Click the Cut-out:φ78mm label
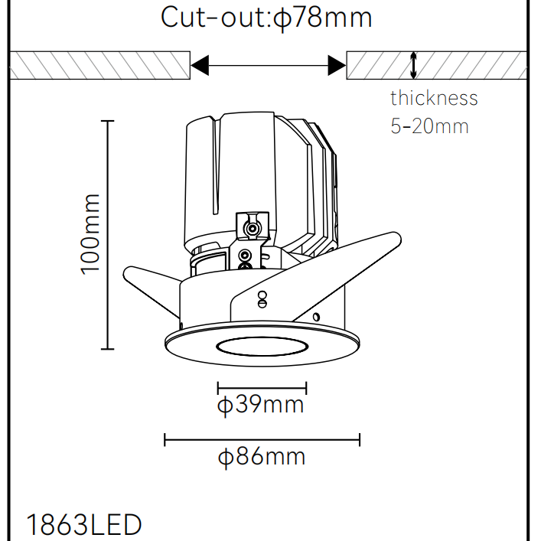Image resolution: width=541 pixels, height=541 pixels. tap(266, 18)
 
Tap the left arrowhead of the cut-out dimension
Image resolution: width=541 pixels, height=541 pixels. tap(200, 65)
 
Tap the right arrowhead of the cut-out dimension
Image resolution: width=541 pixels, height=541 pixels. tap(337, 65)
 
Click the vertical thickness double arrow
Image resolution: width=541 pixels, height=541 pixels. tap(413, 65)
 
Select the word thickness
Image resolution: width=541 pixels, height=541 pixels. tap(434, 98)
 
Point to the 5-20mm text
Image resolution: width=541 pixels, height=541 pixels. tap(429, 126)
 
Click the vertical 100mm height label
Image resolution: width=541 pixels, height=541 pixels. tap(90, 235)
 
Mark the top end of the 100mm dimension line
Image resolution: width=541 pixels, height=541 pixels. tap(108, 121)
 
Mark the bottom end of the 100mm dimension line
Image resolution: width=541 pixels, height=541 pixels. tap(108, 349)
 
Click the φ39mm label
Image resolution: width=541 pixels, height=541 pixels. tap(260, 405)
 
